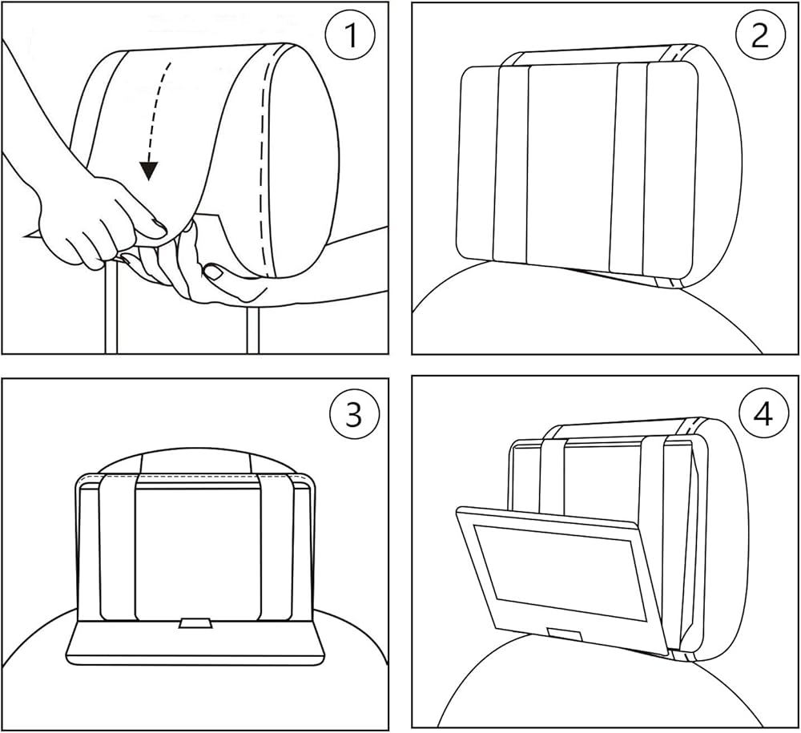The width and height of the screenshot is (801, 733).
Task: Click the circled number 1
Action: tap(350, 35)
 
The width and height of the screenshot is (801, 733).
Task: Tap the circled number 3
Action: tap(354, 413)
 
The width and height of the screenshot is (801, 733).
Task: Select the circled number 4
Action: tap(763, 415)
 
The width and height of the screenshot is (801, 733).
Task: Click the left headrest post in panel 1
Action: tap(111, 308)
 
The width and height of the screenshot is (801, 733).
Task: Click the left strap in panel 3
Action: tap(118, 546)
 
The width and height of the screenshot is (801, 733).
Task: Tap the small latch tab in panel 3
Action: tap(196, 623)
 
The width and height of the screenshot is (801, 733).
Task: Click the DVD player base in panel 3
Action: tap(195, 642)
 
